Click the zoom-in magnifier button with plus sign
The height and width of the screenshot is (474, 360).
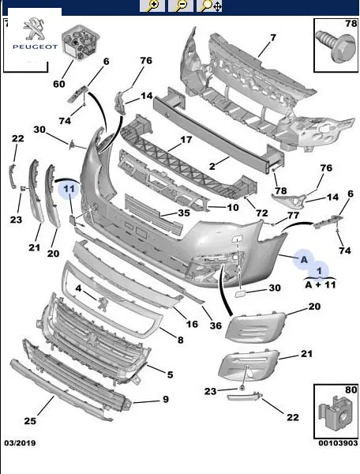click(152, 6)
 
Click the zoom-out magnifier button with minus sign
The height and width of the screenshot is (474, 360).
click(181, 6)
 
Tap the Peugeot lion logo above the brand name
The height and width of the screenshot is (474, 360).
click(35, 28)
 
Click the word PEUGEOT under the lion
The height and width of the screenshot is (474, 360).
click(35, 47)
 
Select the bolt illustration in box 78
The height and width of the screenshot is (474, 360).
click(336, 47)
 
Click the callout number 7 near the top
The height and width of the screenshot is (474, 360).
click(273, 38)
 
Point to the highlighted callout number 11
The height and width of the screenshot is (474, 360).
click(69, 190)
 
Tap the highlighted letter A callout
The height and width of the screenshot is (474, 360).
click(304, 259)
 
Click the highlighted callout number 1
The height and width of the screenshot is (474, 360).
click(319, 270)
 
